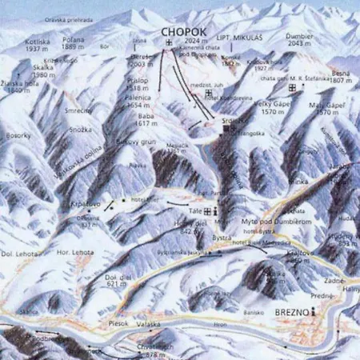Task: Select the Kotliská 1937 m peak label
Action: point(38,44)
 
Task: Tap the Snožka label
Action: point(79,129)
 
